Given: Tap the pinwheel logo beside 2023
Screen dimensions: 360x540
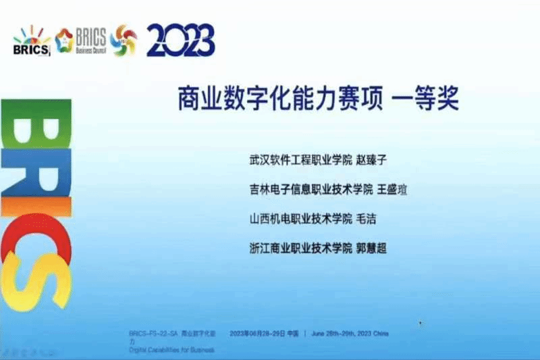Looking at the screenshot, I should click(x=123, y=40).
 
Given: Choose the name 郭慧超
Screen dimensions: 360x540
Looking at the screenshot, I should click(x=374, y=248).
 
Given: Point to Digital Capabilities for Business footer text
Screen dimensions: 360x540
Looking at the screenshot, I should click(x=171, y=350).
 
